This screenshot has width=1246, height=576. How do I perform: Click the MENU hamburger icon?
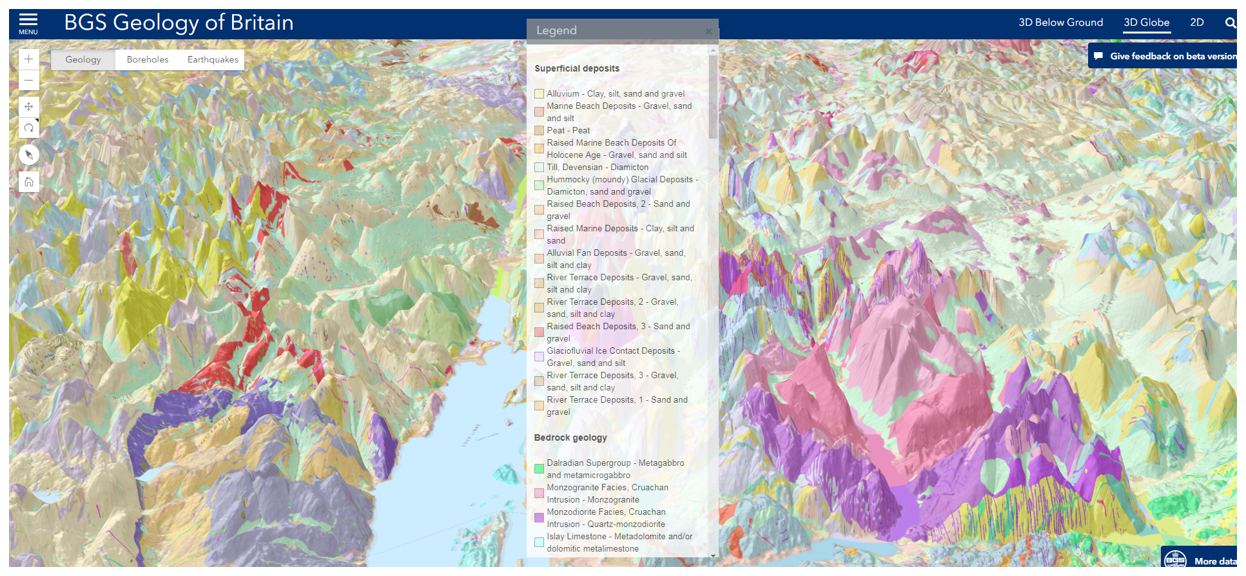coord(28,23)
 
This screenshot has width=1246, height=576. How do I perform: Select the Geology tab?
coord(83,59)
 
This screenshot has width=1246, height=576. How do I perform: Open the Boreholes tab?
coord(148,59)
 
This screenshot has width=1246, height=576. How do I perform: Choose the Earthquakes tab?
coord(213,59)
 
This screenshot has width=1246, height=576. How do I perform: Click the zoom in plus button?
coord(29,59)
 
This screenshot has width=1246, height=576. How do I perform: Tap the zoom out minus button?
coord(29,81)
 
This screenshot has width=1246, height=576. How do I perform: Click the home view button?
coord(29,182)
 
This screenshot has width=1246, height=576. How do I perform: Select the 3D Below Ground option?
coord(1060,23)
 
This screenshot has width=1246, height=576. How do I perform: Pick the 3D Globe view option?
coord(1146,23)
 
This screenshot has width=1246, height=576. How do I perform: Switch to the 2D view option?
coord(1197,23)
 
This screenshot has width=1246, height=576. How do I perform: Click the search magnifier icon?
coord(1230,23)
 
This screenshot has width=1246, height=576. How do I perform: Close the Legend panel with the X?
coord(708,31)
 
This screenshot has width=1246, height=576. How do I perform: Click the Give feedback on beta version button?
coord(1165,56)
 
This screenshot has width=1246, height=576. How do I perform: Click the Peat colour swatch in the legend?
coord(539,131)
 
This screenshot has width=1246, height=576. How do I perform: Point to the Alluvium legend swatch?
coord(539,94)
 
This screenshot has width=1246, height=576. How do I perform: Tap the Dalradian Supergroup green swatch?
coord(539,468)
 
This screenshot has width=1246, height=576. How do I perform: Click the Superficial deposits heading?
coord(577,68)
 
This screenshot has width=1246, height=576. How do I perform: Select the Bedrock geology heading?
coord(570,437)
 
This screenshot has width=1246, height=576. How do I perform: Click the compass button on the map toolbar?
coord(29,155)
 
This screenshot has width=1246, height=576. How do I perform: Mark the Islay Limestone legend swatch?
coord(539,542)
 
